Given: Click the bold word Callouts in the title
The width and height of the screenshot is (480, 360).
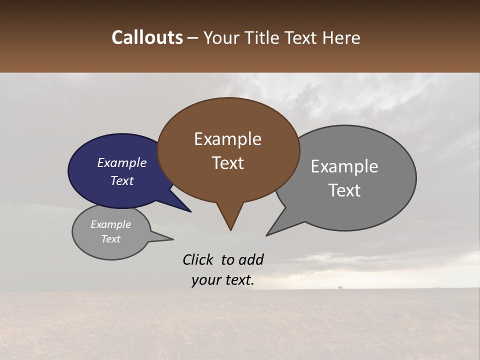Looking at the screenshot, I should (147, 37).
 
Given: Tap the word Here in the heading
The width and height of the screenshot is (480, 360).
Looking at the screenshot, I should (340, 37).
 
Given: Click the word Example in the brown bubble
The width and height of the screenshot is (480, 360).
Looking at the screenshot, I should (227, 139).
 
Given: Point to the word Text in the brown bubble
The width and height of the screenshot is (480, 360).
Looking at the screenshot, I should (227, 163).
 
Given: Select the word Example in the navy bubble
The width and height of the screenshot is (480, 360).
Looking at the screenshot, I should (122, 162).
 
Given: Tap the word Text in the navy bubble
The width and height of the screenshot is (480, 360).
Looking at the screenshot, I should (122, 180).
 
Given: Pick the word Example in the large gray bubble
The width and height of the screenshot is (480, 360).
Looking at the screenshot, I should (344, 166).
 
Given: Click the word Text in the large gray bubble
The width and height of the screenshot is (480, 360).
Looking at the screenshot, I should (344, 190).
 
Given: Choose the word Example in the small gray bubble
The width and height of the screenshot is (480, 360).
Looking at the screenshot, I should (110, 224).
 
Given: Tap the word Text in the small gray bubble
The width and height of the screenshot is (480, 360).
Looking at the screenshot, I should (110, 239).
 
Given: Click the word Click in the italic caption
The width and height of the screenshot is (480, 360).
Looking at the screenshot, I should (198, 259).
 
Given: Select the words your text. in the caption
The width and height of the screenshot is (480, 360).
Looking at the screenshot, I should (223, 280).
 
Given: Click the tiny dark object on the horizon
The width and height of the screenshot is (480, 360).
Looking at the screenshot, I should (340, 288).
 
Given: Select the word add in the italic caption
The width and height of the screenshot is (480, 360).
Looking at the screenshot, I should (250, 259).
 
